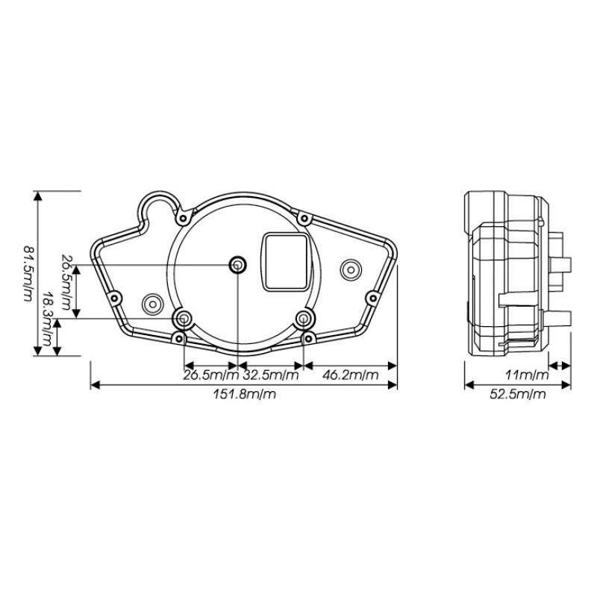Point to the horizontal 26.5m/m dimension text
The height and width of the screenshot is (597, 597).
click(211, 375)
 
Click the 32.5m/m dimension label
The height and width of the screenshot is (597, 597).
click(271, 375)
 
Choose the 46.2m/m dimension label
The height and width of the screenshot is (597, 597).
click(350, 375)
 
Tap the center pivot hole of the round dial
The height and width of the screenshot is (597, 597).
click(238, 264)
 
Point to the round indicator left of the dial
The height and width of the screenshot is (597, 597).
click(152, 303)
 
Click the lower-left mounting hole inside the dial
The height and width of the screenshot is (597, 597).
click(183, 319)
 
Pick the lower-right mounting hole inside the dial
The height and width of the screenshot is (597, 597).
click(303, 319)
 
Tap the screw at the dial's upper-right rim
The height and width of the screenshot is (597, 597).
click(304, 219)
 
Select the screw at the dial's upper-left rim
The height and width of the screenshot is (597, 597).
click(182, 218)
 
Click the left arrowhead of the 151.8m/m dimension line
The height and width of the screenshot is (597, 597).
click(94, 385)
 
